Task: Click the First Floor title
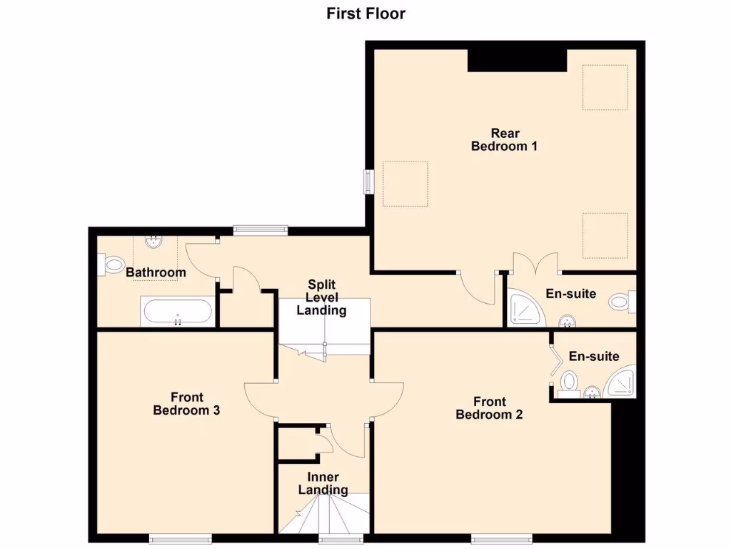[x=365, y=14]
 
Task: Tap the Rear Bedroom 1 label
[x=504, y=139]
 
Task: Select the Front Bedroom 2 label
[x=489, y=408]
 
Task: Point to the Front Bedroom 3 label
[x=186, y=404]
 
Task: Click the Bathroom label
[x=156, y=272]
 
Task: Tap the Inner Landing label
[x=323, y=483]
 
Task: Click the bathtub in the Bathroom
[x=177, y=312]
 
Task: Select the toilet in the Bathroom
[x=112, y=265]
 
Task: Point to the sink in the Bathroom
[x=153, y=242]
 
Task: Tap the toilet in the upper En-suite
[x=622, y=302]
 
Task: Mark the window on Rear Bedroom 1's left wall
[x=368, y=181]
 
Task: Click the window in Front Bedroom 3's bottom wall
[x=180, y=537]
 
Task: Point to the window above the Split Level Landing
[x=261, y=230]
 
